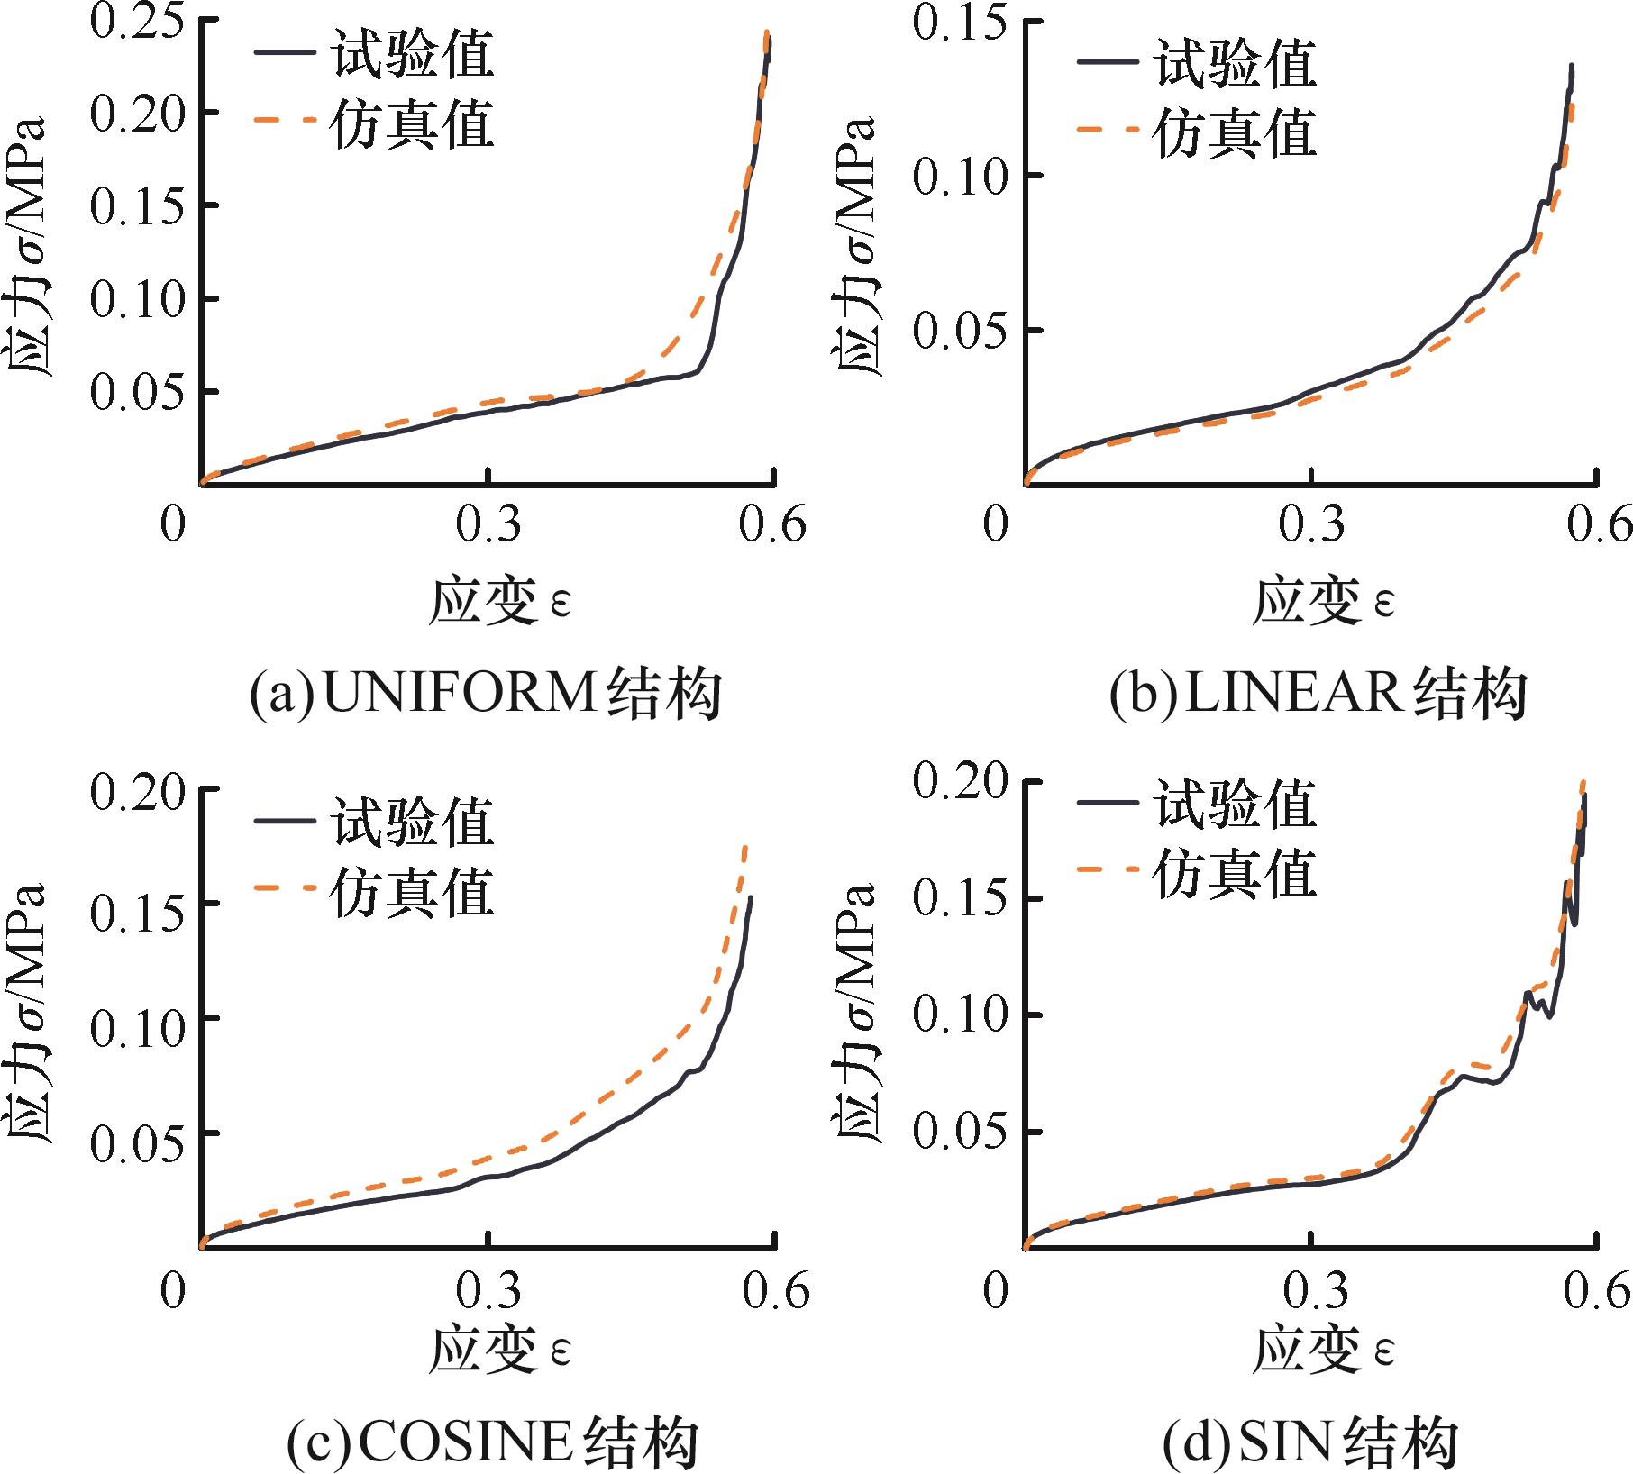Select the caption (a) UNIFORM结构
[486, 695]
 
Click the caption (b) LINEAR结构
[1318, 695]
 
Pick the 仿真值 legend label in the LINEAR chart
[1236, 132]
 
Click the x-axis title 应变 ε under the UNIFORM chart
[500, 601]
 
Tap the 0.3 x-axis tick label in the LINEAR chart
[1311, 523]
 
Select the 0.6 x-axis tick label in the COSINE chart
[776, 1291]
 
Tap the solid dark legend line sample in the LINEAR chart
[1106, 62]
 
